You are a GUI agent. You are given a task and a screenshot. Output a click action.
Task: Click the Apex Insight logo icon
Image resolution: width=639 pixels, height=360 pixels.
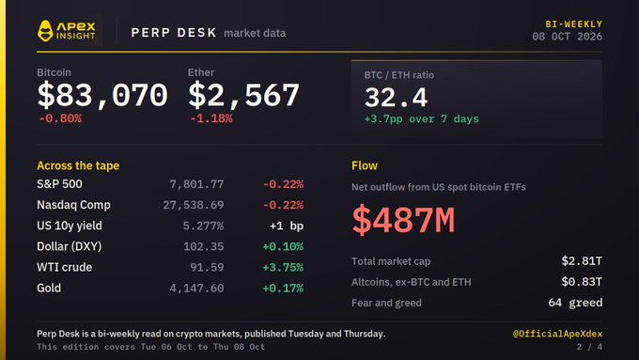[45, 31]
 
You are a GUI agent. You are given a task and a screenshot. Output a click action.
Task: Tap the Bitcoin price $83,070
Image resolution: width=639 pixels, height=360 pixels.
[102, 95]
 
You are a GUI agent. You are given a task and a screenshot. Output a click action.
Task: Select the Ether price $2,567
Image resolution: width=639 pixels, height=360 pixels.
[243, 95]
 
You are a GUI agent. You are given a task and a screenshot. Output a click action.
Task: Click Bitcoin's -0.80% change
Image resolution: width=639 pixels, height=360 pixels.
[60, 118]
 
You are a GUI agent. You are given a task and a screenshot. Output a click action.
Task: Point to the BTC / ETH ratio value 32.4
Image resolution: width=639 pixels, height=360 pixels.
[397, 98]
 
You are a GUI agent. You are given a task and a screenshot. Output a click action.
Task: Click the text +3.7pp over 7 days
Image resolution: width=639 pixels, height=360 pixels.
[421, 119]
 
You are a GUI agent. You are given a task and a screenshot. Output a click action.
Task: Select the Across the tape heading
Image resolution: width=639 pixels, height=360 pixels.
[78, 165]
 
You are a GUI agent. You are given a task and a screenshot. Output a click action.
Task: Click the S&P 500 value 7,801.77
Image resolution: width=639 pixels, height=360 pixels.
[196, 184]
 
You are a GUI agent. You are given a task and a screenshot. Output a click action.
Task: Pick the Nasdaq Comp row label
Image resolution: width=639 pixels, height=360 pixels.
[73, 205]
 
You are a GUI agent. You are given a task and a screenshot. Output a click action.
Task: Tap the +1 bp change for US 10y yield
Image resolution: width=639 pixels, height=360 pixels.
[287, 226]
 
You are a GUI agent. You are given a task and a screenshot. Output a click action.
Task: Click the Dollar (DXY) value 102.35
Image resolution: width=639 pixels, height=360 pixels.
[203, 246]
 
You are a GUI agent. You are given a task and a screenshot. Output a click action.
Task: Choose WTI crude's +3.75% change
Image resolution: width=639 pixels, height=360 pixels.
[283, 268]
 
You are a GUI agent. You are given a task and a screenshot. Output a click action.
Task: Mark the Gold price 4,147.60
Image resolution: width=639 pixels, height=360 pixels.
[196, 289]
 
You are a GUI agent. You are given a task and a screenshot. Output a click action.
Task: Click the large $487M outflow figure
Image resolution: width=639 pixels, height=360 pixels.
[403, 220]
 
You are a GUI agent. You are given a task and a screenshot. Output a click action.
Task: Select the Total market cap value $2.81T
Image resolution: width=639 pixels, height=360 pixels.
[582, 261]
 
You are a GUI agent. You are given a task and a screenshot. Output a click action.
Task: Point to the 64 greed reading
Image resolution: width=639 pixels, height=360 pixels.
[575, 303]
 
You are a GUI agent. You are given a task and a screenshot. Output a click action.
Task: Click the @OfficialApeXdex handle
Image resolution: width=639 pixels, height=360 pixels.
[557, 334]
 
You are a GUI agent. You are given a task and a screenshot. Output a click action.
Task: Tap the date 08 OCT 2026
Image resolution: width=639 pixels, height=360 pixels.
[567, 37]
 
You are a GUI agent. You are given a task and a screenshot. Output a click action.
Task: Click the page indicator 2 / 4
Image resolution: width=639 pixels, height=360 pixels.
[589, 347]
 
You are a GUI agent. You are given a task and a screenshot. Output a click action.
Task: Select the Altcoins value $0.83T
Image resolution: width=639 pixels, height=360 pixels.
[582, 282]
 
